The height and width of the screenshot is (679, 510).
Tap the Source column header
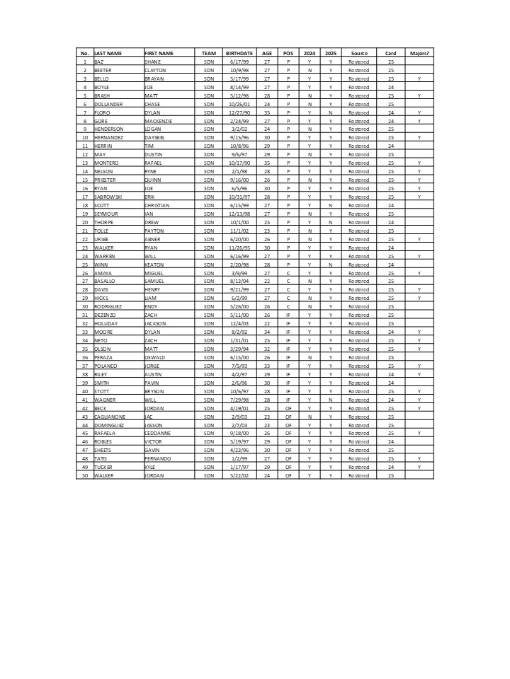(358, 53)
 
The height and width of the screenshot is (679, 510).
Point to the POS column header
(288, 53)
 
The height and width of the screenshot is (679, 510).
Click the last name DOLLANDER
(108, 104)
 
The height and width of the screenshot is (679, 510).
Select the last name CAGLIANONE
(110, 417)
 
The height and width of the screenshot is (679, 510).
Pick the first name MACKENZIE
(158, 121)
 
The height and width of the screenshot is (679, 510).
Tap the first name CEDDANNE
(157, 434)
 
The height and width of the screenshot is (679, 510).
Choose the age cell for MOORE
(267, 332)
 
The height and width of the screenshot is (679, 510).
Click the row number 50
(84, 475)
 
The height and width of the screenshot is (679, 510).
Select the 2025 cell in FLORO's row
(330, 112)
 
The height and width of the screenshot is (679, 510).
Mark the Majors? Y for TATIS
(419, 458)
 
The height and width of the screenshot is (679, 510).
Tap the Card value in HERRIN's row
(390, 146)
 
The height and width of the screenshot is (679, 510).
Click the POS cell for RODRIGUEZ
(288, 307)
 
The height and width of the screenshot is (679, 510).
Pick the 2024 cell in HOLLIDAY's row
(310, 323)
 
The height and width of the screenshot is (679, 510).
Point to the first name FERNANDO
(157, 458)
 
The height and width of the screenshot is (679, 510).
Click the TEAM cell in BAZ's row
(208, 62)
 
